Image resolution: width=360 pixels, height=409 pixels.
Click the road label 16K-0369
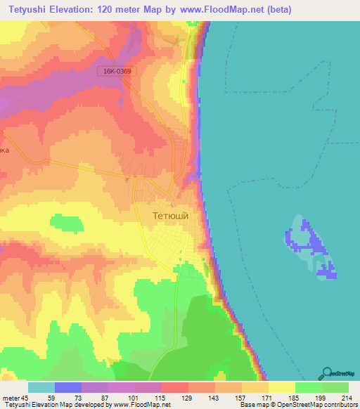tap(115, 71)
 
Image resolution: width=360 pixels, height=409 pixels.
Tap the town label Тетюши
tap(170, 216)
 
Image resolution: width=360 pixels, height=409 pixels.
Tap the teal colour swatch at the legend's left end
tap(41, 387)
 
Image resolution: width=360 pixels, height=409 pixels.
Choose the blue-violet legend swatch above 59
tap(68, 387)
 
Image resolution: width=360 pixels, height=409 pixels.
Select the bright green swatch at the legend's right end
tap(335, 387)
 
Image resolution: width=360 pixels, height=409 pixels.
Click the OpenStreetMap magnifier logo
tap(326, 373)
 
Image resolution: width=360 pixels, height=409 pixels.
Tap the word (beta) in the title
tap(275, 11)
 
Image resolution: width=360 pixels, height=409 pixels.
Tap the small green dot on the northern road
tap(184, 81)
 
